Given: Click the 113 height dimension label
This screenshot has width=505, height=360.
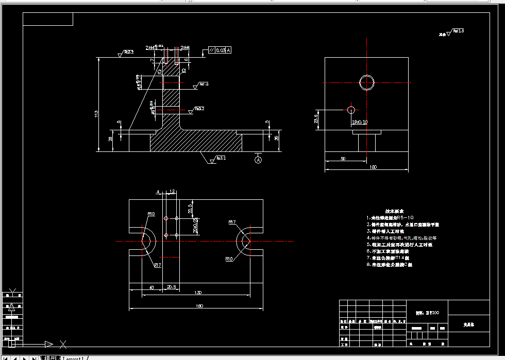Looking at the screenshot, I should click(96, 113).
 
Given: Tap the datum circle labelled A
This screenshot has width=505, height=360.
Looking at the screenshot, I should click(258, 160).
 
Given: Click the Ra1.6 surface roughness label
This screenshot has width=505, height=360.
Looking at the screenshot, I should click(205, 84).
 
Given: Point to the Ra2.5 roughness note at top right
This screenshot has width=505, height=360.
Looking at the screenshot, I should click(458, 31).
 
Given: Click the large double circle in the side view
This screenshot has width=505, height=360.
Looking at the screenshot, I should click(367, 82).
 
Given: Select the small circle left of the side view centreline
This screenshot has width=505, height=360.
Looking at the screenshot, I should click(351, 110).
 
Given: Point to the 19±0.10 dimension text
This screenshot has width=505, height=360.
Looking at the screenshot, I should click(360, 122).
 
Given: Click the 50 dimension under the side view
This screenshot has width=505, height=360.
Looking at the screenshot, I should click(343, 159).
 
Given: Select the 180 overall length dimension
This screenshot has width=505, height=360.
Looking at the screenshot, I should click(199, 306).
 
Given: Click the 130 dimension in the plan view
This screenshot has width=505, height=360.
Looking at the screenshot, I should click(198, 293).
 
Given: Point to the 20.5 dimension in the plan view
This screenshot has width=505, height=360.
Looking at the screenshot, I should click(171, 287).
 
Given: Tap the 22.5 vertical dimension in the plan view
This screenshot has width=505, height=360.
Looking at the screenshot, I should click(190, 209).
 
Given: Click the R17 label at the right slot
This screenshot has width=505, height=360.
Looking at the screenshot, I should click(232, 222).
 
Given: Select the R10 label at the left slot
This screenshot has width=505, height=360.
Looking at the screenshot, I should click(151, 213).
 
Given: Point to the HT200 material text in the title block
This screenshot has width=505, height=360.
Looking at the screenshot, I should click(427, 313).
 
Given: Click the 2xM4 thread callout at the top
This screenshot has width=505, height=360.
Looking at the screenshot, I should click(186, 47).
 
